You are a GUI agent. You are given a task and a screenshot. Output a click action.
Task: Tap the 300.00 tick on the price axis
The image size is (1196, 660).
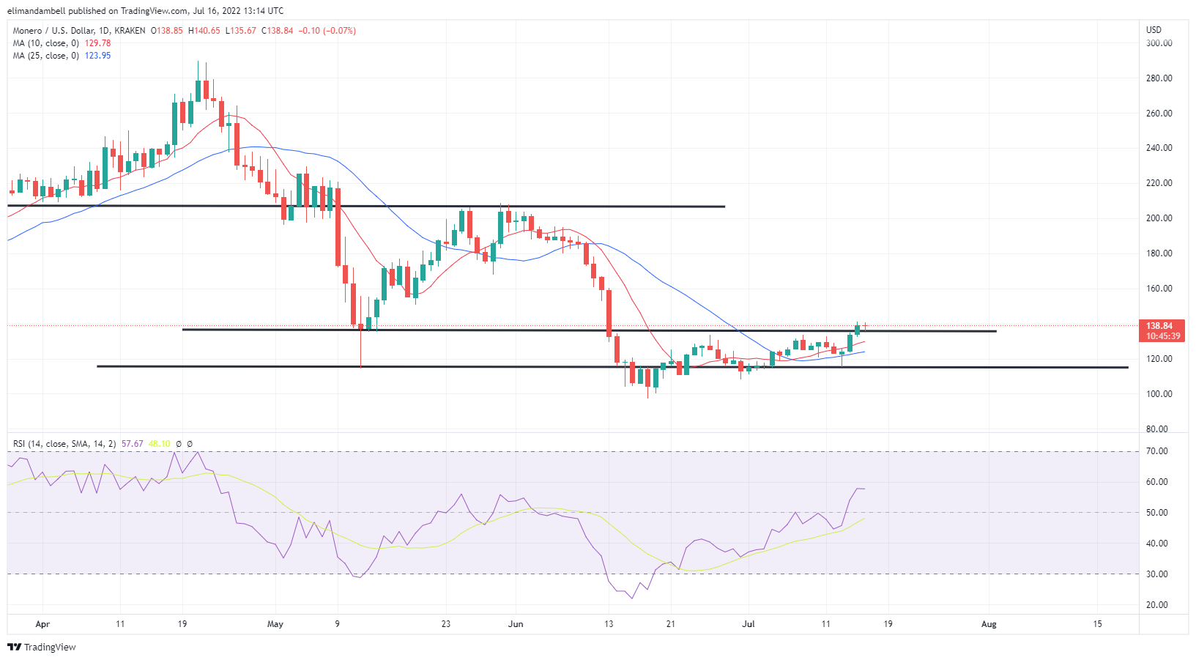pos(1159,43)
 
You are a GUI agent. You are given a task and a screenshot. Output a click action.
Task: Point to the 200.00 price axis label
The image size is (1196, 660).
pos(1159,218)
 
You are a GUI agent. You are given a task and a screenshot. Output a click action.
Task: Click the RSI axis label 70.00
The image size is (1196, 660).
pos(1156,451)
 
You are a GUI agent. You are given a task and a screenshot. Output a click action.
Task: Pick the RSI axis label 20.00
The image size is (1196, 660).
pos(1156,605)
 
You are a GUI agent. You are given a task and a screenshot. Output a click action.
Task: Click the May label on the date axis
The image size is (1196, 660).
pos(275,624)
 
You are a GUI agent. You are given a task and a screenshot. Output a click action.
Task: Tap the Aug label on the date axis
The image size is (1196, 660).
pos(989,624)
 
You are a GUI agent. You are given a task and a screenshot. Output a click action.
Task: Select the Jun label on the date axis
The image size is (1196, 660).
pos(516,624)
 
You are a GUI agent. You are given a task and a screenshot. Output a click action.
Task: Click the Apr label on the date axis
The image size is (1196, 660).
pos(42,624)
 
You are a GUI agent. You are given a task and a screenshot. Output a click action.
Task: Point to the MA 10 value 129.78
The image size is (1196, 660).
pos(98,43)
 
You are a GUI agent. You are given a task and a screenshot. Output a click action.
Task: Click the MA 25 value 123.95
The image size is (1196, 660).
pos(98,56)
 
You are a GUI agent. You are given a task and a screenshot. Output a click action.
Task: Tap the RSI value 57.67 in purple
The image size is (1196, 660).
pos(132,444)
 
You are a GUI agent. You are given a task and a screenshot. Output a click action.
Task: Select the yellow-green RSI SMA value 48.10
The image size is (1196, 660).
pos(159,444)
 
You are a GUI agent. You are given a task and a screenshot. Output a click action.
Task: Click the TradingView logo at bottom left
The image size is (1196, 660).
pos(42,648)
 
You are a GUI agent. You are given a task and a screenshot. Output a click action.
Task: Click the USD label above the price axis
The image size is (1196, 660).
pos(1154,30)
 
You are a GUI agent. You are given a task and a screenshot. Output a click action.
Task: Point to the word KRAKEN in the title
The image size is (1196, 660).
pos(130,31)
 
